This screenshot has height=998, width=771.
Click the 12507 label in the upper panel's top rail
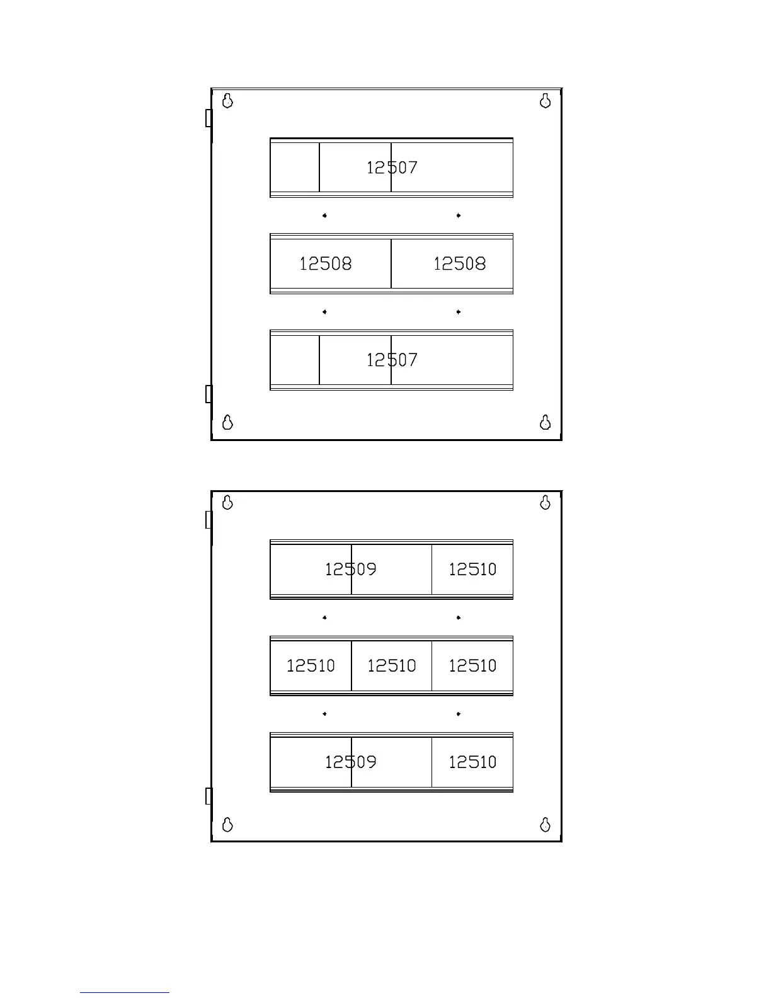tap(392, 168)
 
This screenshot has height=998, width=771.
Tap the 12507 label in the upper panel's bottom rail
tap(392, 360)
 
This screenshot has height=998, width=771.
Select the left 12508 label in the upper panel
tap(325, 263)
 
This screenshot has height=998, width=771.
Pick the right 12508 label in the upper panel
tap(459, 263)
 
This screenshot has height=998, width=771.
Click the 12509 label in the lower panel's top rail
tap(350, 570)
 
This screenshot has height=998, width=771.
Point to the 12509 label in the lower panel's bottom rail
tap(350, 762)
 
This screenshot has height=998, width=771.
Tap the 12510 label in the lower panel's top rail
tap(472, 570)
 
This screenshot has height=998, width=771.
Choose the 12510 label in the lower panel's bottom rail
tap(472, 762)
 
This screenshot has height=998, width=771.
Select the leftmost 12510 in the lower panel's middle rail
tap(311, 666)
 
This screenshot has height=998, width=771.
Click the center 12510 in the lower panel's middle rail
tap(391, 666)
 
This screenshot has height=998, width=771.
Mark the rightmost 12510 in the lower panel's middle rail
tap(472, 666)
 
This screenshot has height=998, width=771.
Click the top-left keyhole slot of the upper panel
tap(228, 100)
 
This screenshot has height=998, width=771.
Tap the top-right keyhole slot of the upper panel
tap(545, 100)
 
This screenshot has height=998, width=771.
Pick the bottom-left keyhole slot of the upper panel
tap(228, 422)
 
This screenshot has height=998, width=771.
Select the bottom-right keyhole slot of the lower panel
tap(545, 824)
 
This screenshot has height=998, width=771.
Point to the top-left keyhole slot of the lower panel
tap(228, 502)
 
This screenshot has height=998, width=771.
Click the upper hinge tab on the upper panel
tap(208, 118)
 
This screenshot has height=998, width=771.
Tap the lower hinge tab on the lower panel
tap(208, 796)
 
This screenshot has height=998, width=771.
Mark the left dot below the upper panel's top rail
tap(324, 215)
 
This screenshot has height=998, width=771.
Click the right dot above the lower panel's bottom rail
tap(459, 714)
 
